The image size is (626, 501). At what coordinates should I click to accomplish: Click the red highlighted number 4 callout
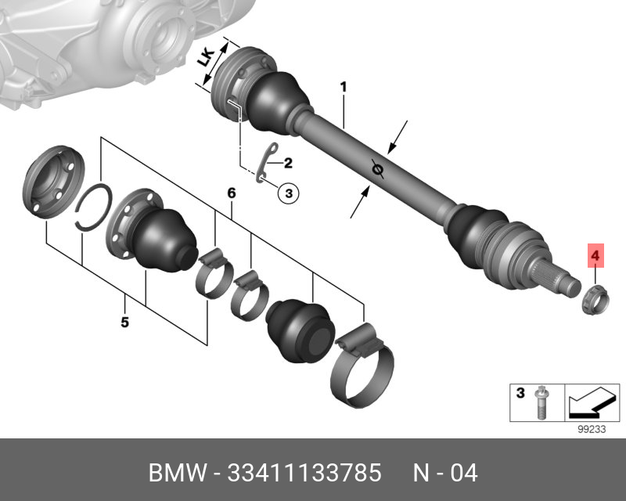pos(595,255)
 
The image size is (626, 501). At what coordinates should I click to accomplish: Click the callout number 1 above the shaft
pos(342,87)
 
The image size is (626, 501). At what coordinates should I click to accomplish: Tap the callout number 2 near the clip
pos(287,164)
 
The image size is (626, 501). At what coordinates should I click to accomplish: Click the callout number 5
pos(124,322)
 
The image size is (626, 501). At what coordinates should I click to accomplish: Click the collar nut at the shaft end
pos(595,297)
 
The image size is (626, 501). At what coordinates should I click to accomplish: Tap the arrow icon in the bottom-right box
pos(590,402)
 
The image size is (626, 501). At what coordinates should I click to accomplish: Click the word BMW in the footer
pos(174,474)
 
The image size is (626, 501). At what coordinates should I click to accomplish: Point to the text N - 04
pos(445,474)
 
